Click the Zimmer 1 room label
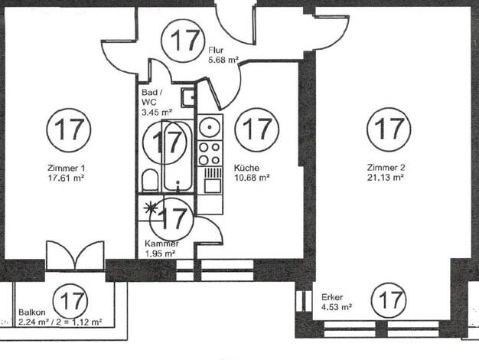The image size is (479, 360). point(66,168)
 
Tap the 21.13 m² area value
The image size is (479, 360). point(386,178)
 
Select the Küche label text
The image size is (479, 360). point(247,168)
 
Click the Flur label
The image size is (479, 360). point(216,50)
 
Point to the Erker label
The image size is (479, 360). point(332,297)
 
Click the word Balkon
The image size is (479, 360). point(32,313)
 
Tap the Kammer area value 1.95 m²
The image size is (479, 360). point(160,254)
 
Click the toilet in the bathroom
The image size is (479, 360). point(150,181)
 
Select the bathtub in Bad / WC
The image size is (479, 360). point(178,156)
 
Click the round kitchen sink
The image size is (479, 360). point(210,126)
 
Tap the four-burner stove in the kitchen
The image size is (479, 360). point(210,153)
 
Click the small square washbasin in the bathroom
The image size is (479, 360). point(187,97)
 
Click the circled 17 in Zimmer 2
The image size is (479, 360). point(389,129)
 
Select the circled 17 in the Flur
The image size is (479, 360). point(183,40)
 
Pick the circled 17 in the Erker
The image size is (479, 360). point(389,300)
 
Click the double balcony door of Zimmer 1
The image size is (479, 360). point(75,255)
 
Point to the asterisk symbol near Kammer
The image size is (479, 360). point(151,209)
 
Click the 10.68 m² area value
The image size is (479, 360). point(252,178)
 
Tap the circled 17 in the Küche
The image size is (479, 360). point(257,129)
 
